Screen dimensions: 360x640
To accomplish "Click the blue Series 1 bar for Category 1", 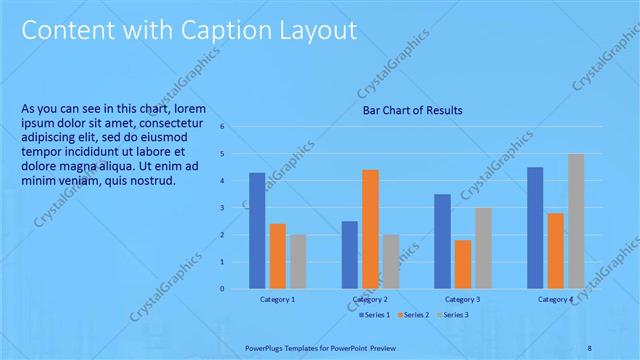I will (x=257, y=231).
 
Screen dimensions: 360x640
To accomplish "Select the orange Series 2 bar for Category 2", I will (x=370, y=229).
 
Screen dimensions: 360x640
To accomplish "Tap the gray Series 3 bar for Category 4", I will (x=576, y=221).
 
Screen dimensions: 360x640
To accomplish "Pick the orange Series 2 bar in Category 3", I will (x=462, y=264).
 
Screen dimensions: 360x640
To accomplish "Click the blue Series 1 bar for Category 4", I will (x=535, y=228).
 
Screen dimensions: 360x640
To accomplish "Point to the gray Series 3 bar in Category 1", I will (x=298, y=261).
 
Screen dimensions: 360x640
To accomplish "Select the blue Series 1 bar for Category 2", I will (x=349, y=255).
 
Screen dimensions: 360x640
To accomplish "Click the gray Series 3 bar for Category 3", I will (x=483, y=248).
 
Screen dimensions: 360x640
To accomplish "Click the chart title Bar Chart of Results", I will (x=412, y=110).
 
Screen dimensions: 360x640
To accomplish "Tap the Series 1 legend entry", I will (x=376, y=315).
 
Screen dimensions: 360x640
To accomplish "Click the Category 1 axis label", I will (x=278, y=300).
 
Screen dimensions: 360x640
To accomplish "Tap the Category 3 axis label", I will (x=462, y=300).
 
